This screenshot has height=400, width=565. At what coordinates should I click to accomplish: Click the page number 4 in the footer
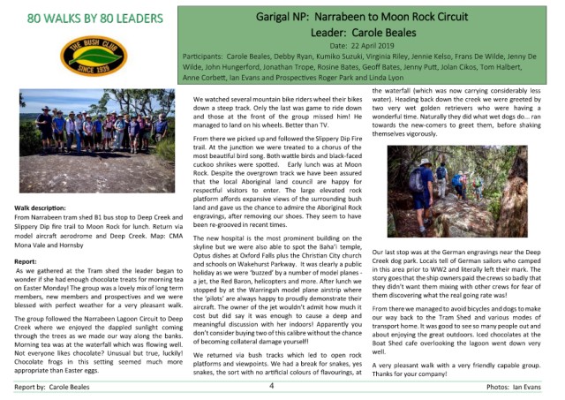pyautogui.click(x=272, y=386)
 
